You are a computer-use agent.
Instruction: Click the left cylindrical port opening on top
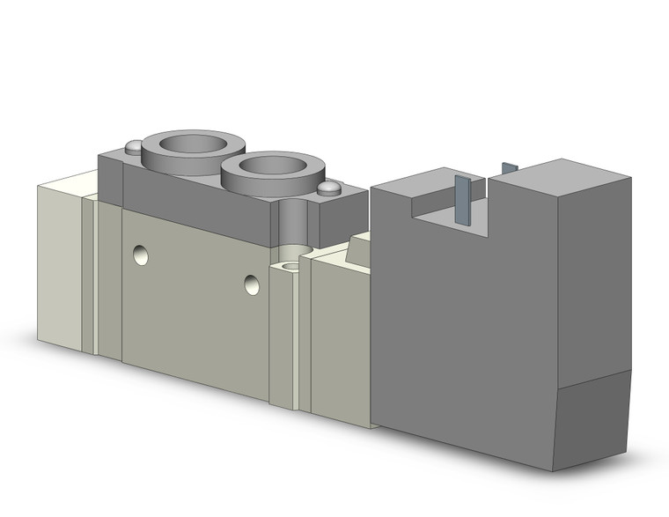pos(193,142)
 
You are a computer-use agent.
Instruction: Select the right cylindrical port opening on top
pos(268,165)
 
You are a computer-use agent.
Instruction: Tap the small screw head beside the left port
pos(134,147)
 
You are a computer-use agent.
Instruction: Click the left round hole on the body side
pos(141,255)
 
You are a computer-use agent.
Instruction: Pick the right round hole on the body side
pos(253,284)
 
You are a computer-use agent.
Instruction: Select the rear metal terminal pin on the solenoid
pos(509,168)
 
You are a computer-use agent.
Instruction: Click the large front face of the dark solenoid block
pos(462,335)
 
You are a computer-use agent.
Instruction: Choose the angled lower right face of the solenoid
pos(594,418)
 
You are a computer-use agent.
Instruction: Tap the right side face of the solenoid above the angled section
pos(594,282)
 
